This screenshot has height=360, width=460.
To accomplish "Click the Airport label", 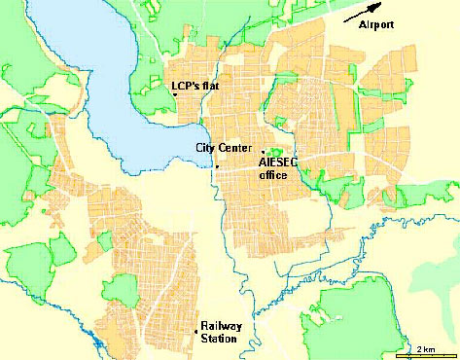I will tap(374, 24).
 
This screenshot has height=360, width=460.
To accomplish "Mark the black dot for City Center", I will tap(218, 167).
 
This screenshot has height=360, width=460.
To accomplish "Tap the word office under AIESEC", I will tap(273, 177).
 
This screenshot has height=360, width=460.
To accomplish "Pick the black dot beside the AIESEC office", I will tap(263, 152).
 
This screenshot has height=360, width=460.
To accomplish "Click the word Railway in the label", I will tap(219, 326).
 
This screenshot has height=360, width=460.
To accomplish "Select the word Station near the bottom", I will tap(217, 339).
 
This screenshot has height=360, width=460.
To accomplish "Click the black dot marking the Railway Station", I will tap(195, 327).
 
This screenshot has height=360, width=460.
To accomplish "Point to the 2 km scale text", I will tap(426, 347).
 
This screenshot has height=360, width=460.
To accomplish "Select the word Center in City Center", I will tap(230, 148).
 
